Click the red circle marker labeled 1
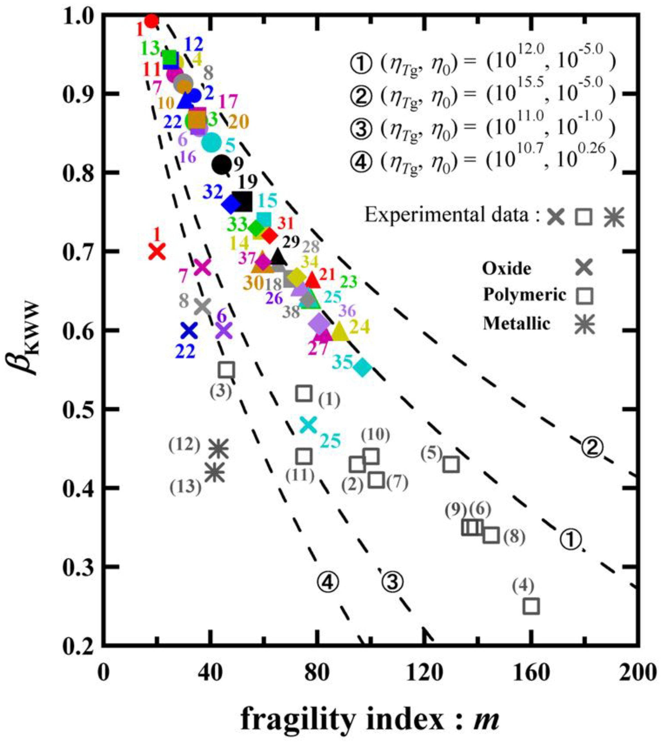coord(151,21)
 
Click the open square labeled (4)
coord(531,606)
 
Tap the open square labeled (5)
coord(451,465)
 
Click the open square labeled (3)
coord(226,370)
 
